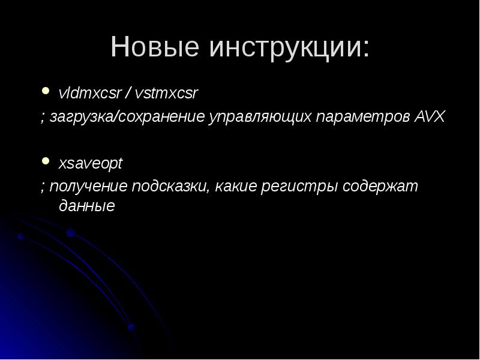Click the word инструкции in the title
point(282,48)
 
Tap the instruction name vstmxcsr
point(166,94)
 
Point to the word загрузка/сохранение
point(127,116)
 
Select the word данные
point(86,206)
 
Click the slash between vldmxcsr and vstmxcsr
point(128,94)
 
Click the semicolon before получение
point(43,187)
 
